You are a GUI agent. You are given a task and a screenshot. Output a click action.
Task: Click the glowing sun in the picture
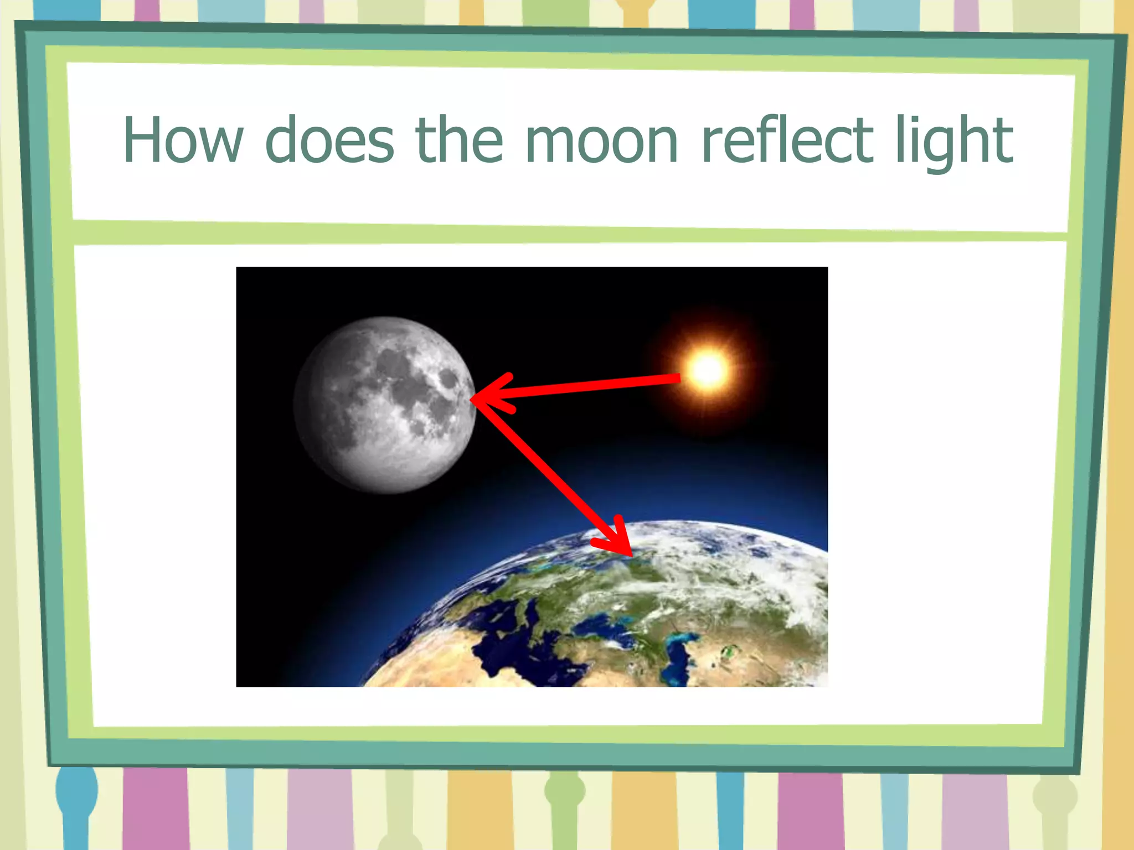[x=708, y=370]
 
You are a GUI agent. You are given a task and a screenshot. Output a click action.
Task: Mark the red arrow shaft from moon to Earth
[x=548, y=470]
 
